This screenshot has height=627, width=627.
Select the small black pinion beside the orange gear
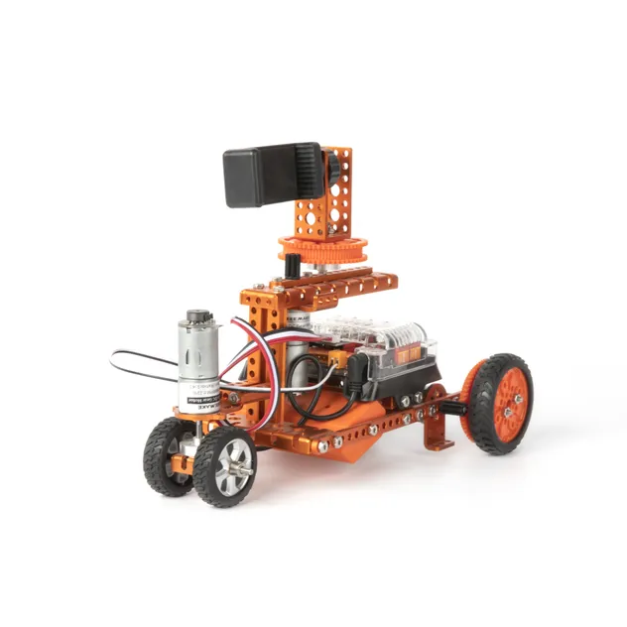(293, 266)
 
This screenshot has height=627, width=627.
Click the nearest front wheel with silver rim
(225, 465)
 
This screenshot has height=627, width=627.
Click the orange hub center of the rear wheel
(509, 402)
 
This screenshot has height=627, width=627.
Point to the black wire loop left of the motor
(139, 364)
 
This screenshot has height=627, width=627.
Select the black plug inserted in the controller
(354, 374)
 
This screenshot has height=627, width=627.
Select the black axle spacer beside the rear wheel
(453, 407)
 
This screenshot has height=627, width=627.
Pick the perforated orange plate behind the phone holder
(333, 193)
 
